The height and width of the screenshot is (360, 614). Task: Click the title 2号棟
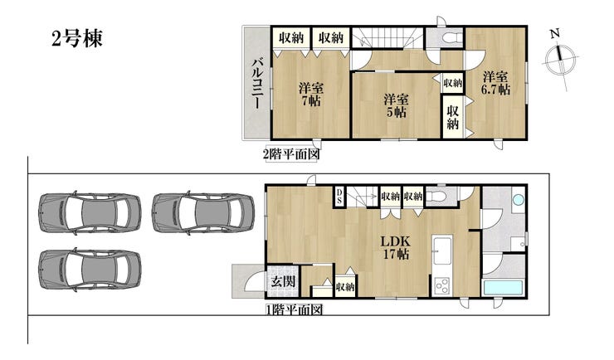tap(76, 38)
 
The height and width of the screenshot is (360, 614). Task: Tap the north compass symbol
tap(562, 61)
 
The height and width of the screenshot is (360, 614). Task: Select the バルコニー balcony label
tap(257, 83)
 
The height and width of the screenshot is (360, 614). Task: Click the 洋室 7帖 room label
tap(311, 95)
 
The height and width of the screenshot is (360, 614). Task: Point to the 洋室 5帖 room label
tap(396, 105)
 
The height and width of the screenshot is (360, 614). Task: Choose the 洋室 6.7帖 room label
tap(495, 83)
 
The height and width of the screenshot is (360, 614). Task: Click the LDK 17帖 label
tap(396, 248)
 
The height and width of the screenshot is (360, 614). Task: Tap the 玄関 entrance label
tap(283, 281)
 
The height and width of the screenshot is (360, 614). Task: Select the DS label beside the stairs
tap(339, 196)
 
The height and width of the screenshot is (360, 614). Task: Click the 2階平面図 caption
tap(291, 154)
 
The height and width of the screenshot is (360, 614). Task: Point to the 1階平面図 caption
tap(295, 310)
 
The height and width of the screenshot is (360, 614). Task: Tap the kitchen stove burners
tap(442, 285)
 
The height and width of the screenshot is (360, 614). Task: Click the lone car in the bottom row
tap(90, 270)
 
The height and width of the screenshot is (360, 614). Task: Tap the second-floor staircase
tap(387, 37)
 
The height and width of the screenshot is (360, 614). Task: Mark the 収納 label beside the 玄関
tap(345, 287)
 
